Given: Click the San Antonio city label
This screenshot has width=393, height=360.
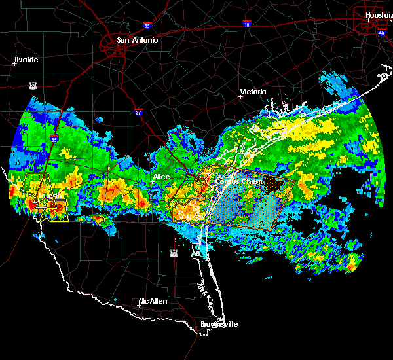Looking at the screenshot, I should point(137,40).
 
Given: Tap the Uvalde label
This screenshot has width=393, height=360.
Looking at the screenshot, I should point(27,60).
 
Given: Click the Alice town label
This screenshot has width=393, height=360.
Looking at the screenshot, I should point(161,177).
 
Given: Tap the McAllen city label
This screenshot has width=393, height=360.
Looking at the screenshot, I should point(153,302).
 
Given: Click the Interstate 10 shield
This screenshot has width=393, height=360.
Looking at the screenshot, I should point(246,24).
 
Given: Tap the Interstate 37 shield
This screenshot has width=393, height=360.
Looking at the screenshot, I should point(138,112).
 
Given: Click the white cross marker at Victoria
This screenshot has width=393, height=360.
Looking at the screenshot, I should point(240,96).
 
